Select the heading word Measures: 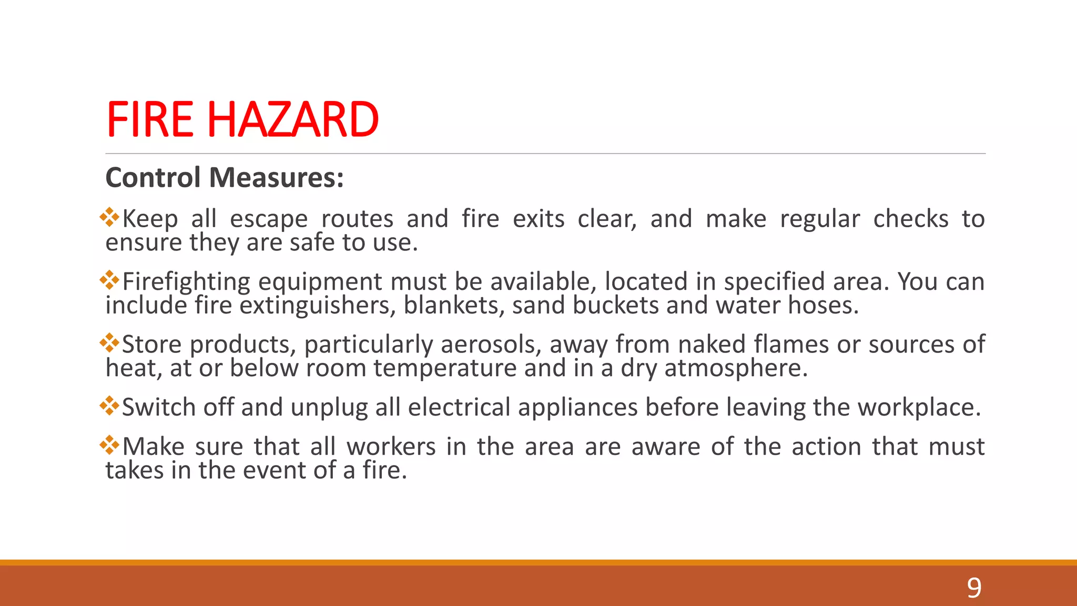tap(276, 177)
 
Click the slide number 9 tap(974, 588)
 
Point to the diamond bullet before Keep tap(109, 217)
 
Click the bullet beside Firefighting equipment tap(109, 280)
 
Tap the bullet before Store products tap(109, 342)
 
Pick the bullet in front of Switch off tap(109, 405)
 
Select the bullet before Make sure tap(109, 445)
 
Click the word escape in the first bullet tap(269, 219)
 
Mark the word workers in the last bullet tap(391, 447)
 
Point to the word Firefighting tap(186, 282)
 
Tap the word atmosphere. tap(736, 368)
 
